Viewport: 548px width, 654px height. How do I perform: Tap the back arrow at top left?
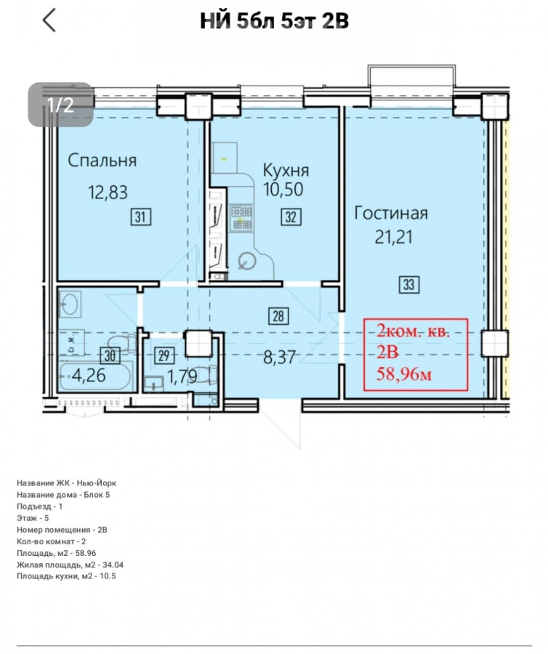point(49,20)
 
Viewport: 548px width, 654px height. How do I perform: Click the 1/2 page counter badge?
point(60,104)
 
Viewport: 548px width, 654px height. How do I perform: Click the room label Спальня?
point(102,161)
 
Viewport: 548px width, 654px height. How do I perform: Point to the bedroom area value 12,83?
point(108,193)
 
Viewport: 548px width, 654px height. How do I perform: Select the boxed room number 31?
point(141,217)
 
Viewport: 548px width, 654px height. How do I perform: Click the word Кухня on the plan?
point(286,171)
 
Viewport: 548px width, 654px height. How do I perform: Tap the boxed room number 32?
point(291,217)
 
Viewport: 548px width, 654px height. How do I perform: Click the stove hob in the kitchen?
point(241,217)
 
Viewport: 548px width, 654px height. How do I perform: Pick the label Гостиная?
point(391,213)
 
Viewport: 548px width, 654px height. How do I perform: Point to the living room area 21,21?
point(393,238)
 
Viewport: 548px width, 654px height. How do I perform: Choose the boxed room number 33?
point(408,284)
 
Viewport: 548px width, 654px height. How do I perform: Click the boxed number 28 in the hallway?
point(278,316)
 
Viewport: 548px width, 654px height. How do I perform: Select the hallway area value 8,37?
point(279,357)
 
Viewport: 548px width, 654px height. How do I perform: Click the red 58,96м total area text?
point(403,374)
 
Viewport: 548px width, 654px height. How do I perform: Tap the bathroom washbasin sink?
point(69,303)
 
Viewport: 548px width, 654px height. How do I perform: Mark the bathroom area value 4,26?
point(89,376)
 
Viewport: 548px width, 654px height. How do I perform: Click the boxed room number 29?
point(164,356)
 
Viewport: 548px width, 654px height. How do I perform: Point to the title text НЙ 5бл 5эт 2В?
point(274,21)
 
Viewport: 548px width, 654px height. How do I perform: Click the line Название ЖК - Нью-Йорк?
point(67,483)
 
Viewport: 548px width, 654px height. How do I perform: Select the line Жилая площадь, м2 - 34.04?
point(70,565)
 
